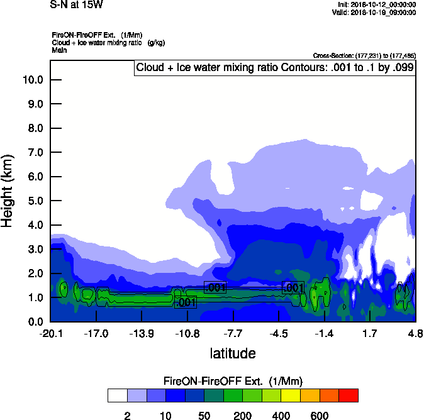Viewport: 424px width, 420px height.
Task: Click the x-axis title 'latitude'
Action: [232, 353]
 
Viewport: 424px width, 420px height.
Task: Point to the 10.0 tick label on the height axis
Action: [32, 80]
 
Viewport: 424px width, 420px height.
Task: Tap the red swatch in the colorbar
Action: [349, 395]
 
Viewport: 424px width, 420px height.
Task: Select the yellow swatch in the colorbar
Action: [291, 395]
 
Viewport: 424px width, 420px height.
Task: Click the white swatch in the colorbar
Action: [117, 395]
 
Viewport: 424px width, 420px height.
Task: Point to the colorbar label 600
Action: [320, 415]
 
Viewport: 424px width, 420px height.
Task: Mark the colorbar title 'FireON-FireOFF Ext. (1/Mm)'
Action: [233, 381]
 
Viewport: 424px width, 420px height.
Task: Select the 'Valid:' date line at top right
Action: [375, 12]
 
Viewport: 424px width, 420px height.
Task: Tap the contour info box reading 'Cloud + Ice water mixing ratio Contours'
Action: [274, 68]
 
